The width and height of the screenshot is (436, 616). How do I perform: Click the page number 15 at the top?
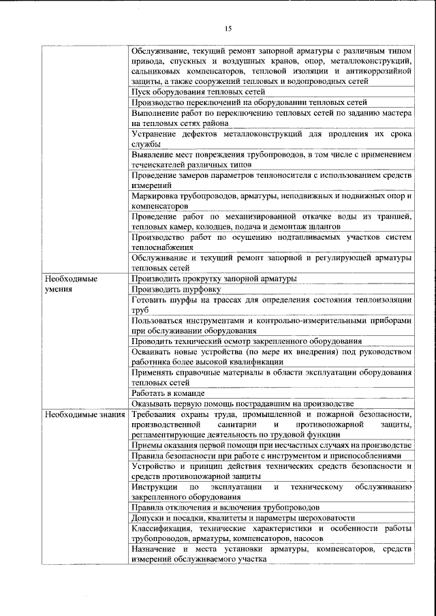coord(228,28)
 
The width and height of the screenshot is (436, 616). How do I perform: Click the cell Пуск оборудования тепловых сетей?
coord(198,91)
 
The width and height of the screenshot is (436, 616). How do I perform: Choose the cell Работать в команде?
coord(168,394)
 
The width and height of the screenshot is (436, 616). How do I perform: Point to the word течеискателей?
coord(161,165)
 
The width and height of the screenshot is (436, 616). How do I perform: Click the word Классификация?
coord(165,528)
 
